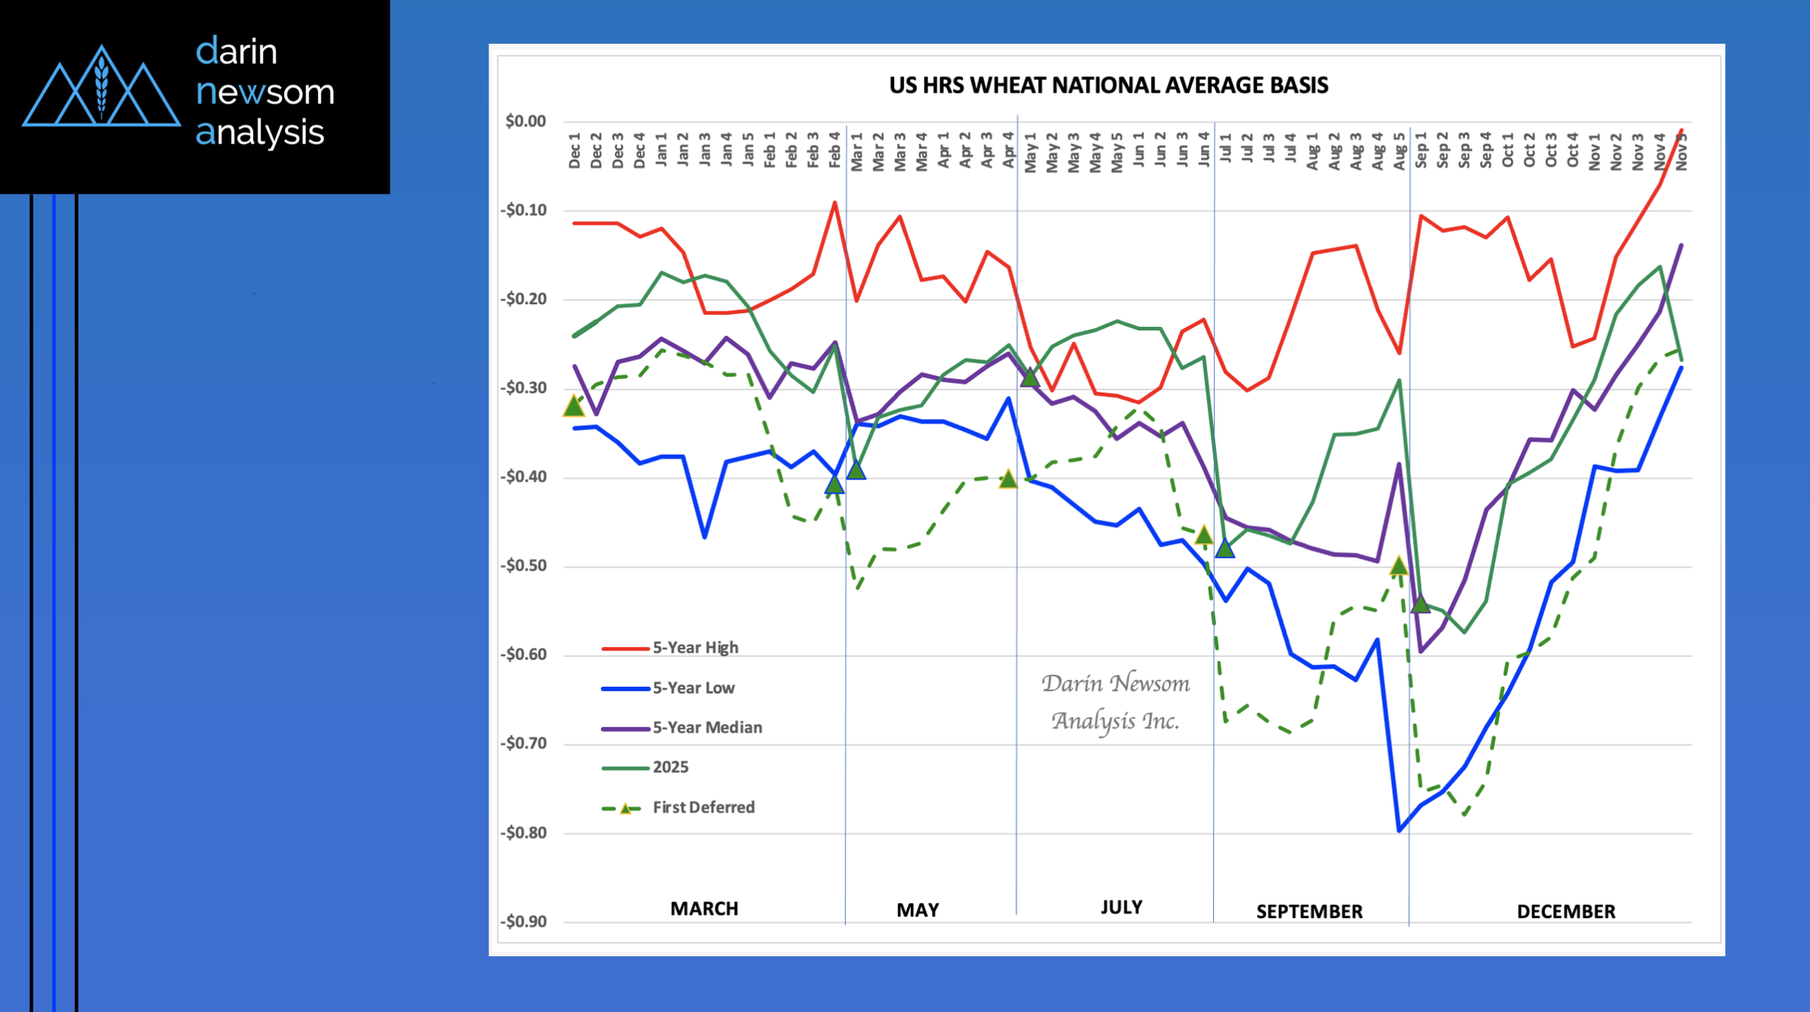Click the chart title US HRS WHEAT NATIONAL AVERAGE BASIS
coord(1109,86)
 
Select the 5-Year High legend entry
coord(670,648)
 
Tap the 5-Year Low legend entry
coord(667,688)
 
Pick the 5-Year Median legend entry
coord(682,728)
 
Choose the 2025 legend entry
coord(645,767)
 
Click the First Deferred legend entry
coord(678,808)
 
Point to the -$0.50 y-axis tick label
coord(523,566)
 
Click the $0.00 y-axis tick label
coord(525,122)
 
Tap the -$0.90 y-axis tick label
coord(523,921)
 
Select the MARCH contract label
coord(704,909)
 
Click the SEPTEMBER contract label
coord(1309,912)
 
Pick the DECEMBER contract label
coord(1566,912)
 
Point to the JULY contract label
coord(1121,907)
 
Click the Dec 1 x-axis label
coord(574,151)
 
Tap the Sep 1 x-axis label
coord(1420,150)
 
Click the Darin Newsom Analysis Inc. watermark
coord(1116,702)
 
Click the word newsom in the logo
coord(265,93)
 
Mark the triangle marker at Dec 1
coord(574,406)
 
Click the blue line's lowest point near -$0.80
coord(1399,831)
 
